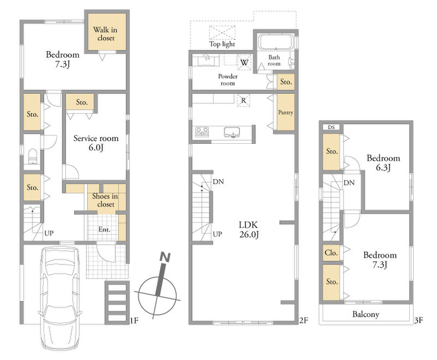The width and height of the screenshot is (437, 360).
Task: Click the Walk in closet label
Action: (x=105, y=34)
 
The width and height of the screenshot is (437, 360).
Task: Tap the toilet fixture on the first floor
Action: (x=32, y=156)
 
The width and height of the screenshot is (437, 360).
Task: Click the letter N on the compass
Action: (x=165, y=257)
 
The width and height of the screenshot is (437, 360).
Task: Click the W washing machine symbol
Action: (x=244, y=63)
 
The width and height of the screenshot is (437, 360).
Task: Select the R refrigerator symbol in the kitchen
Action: (x=243, y=100)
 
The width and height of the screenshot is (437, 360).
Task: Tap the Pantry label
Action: (x=286, y=112)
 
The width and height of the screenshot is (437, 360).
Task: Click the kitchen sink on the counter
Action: (x=232, y=133)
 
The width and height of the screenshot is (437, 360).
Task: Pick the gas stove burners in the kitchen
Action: (x=202, y=132)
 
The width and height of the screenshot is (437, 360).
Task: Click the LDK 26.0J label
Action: (x=249, y=230)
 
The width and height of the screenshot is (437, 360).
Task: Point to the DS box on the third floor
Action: (x=331, y=127)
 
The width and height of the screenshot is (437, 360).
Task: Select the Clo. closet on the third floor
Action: (x=331, y=253)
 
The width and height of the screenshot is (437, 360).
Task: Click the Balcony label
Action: (x=366, y=314)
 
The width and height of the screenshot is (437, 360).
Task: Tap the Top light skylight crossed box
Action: (x=222, y=33)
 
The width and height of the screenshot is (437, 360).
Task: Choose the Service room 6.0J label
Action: (x=96, y=143)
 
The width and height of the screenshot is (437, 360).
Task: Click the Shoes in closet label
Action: (x=105, y=200)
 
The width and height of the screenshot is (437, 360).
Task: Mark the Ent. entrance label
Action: (x=104, y=230)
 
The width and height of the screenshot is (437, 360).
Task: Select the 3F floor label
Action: (x=418, y=320)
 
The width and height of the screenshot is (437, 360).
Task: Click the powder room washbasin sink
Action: (x=206, y=60)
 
